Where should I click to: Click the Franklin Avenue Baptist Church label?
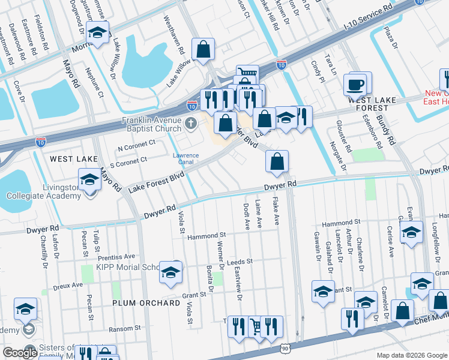click(151, 124)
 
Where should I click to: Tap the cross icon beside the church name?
click(191, 124)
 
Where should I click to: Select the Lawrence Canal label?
click(186, 159)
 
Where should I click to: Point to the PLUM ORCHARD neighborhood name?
click(146, 303)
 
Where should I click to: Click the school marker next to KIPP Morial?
click(171, 272)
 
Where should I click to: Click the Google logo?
click(20, 353)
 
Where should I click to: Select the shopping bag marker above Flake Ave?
click(277, 161)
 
